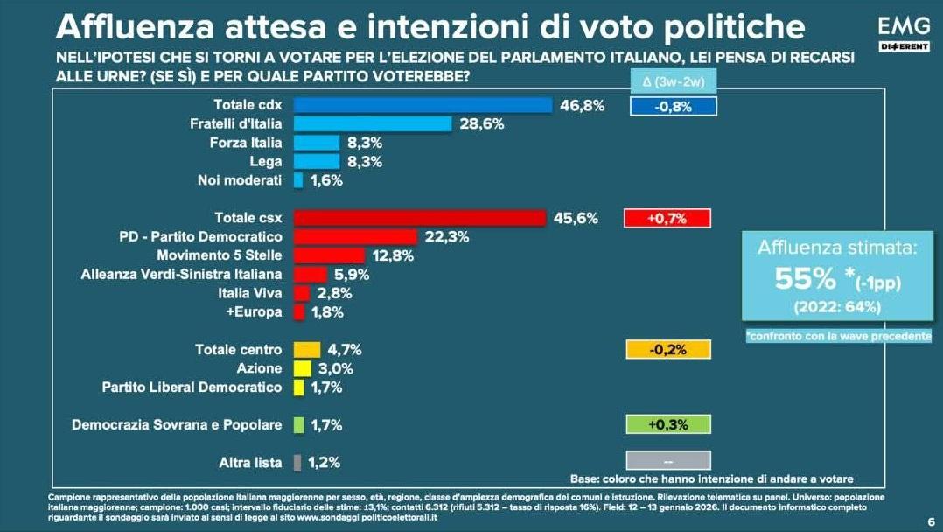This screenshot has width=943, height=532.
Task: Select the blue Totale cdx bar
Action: (x=423, y=105)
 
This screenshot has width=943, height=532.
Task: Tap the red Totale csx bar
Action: (x=420, y=218)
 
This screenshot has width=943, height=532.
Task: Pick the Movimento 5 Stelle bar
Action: (x=329, y=255)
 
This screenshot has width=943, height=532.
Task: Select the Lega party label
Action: (x=266, y=162)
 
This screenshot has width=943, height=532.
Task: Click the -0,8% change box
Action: (x=673, y=106)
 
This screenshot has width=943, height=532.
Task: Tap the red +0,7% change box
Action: (x=667, y=219)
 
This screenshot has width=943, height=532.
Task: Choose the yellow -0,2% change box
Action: (x=667, y=350)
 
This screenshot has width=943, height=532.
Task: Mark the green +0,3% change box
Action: (x=667, y=424)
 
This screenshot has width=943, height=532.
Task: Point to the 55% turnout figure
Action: (x=805, y=278)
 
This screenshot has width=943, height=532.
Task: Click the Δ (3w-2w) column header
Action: (x=673, y=83)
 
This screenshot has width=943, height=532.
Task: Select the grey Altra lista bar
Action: (x=298, y=462)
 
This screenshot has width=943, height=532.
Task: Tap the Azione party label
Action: (x=260, y=368)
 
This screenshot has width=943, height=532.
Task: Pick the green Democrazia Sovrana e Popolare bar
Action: (x=298, y=425)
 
